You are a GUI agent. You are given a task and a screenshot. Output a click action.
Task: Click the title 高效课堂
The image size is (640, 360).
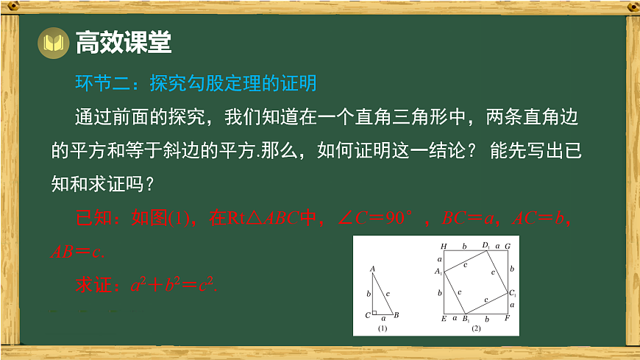[x=123, y=43]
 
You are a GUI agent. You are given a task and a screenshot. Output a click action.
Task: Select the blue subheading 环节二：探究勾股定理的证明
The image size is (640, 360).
[x=196, y=83]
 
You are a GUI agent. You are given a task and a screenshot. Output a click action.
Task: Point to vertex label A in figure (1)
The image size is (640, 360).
[x=372, y=269]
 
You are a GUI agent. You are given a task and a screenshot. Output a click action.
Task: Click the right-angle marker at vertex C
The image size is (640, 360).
[x=375, y=312]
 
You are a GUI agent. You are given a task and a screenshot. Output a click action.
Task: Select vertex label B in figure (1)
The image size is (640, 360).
[x=396, y=316]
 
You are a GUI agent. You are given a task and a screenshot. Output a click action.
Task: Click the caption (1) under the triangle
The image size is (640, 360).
[x=382, y=328]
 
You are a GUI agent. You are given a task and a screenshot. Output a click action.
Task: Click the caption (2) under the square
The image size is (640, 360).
[x=475, y=328]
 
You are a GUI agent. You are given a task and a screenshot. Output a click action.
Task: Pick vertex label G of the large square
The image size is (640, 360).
[x=508, y=245]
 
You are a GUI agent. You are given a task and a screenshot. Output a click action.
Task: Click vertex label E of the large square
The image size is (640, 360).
[x=443, y=319]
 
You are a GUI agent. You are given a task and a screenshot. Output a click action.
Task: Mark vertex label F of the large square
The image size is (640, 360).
[x=508, y=319]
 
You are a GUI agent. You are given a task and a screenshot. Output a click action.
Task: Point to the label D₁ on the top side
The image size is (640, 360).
[x=486, y=244]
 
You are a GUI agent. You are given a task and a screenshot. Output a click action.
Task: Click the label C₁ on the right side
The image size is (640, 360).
[x=513, y=293]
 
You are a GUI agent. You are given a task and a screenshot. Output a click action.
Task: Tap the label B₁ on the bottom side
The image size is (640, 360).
[x=466, y=320]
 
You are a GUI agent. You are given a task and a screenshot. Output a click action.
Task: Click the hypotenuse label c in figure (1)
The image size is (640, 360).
[x=388, y=293]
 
